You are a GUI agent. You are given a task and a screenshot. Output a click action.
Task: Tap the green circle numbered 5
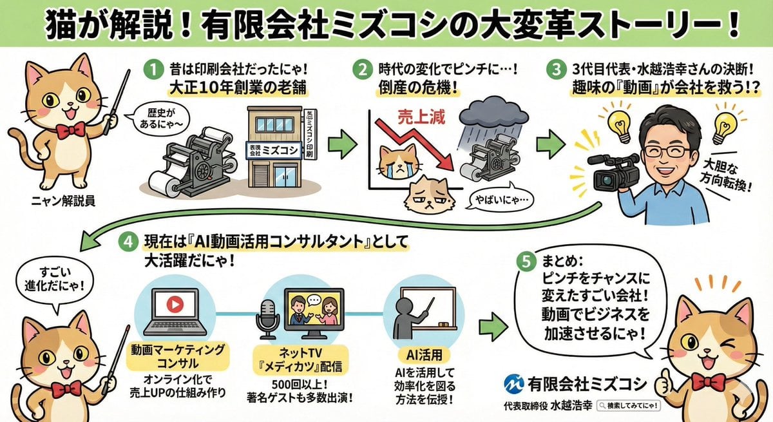[x=527, y=262]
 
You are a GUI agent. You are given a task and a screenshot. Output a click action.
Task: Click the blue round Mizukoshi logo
[x=514, y=385]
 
